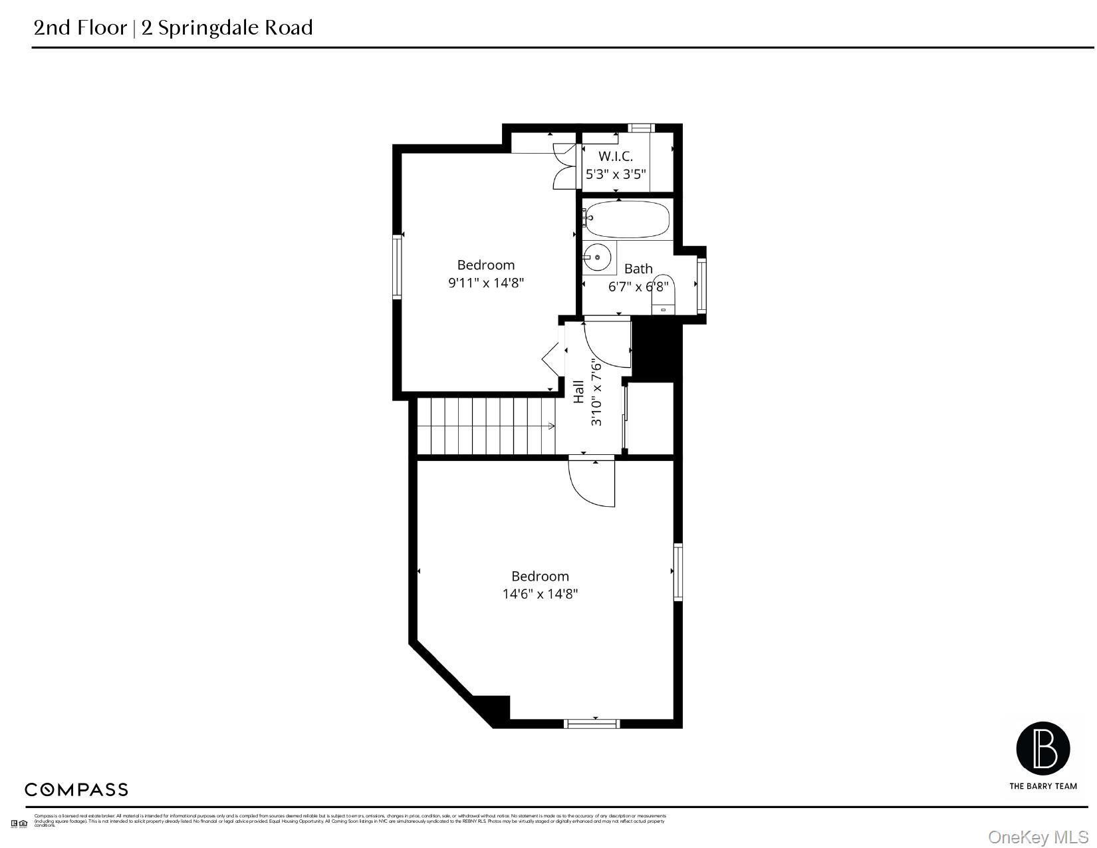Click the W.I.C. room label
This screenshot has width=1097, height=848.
[615, 156]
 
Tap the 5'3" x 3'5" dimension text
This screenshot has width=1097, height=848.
[615, 174]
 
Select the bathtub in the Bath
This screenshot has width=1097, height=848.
[626, 219]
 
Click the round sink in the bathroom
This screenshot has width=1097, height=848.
[598, 256]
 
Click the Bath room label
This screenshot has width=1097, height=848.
[638, 269]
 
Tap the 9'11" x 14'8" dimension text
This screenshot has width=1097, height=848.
[486, 283]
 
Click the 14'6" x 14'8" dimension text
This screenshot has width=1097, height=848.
[540, 594]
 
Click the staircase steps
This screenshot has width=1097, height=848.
[485, 426]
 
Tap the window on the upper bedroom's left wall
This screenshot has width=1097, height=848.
[398, 267]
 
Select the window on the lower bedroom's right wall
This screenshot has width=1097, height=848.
[678, 572]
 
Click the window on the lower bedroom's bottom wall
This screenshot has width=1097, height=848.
[592, 724]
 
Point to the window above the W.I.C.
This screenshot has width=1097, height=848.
[642, 128]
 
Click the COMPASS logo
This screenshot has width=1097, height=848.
[76, 789]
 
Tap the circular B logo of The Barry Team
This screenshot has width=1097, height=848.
[1042, 748]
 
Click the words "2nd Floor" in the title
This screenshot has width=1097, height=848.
[80, 27]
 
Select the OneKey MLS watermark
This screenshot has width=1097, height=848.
[1038, 837]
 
